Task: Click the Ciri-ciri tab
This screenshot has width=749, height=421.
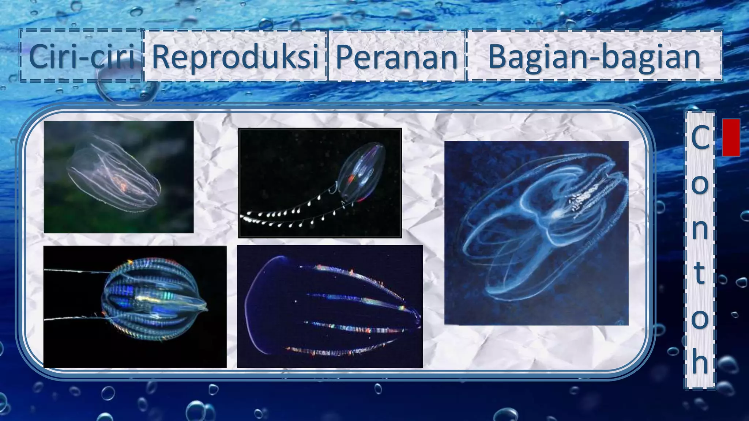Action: (x=81, y=56)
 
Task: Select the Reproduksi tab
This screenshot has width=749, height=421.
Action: (x=235, y=56)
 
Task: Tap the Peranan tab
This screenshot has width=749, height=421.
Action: (x=397, y=56)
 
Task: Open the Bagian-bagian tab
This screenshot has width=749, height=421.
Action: (x=594, y=56)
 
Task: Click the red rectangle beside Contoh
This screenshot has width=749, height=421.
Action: (x=731, y=137)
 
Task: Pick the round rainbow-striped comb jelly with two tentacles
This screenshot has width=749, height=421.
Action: (x=154, y=300)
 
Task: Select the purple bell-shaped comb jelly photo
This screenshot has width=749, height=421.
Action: (x=329, y=307)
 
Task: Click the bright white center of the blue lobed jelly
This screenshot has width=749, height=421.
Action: (x=557, y=214)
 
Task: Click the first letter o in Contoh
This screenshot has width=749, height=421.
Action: (x=700, y=184)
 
